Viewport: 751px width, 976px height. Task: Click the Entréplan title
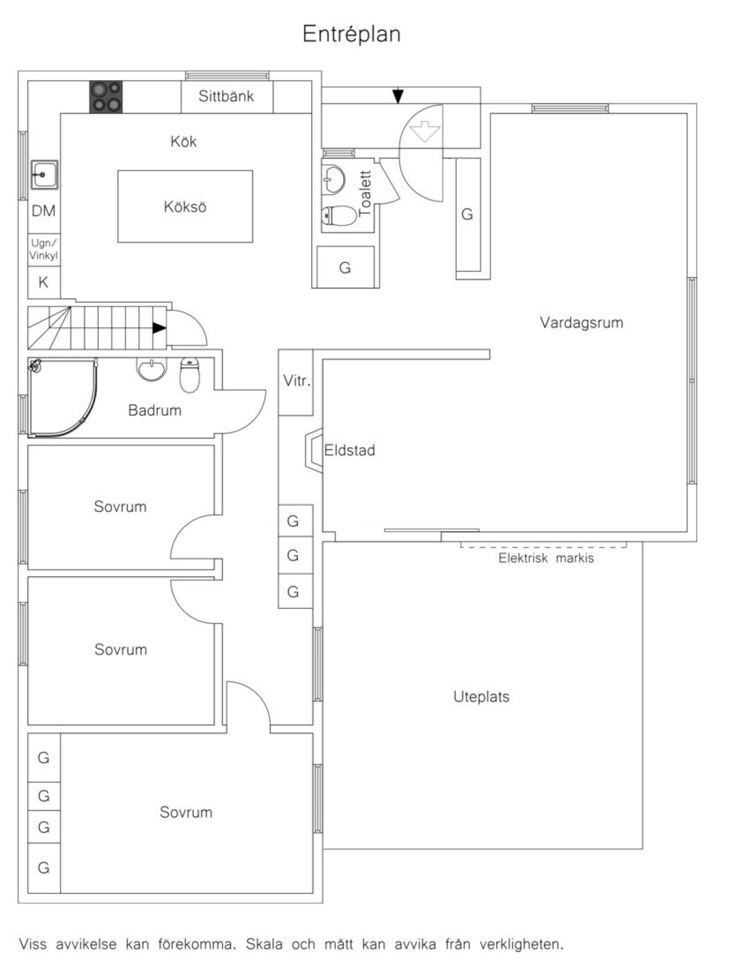coord(351,34)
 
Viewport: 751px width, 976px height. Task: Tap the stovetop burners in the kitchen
coord(106,96)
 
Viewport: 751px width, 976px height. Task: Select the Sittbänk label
coord(226,96)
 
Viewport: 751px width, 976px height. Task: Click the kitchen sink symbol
coord(44,174)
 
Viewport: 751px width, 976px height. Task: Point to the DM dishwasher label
coord(44,210)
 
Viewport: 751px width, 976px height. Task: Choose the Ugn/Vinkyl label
coord(44,249)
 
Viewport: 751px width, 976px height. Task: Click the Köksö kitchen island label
coord(185,207)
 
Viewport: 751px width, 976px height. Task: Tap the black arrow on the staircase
coord(159,328)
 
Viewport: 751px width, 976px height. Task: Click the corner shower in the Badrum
coord(63,397)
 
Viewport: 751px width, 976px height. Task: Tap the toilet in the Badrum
coord(190,375)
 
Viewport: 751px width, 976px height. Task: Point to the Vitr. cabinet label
coord(297,381)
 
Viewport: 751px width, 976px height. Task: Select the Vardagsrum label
coord(581,323)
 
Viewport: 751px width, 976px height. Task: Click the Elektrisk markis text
coord(546,558)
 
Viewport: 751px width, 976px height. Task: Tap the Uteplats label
coord(481,697)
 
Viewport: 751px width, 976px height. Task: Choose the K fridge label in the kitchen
coord(44,282)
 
